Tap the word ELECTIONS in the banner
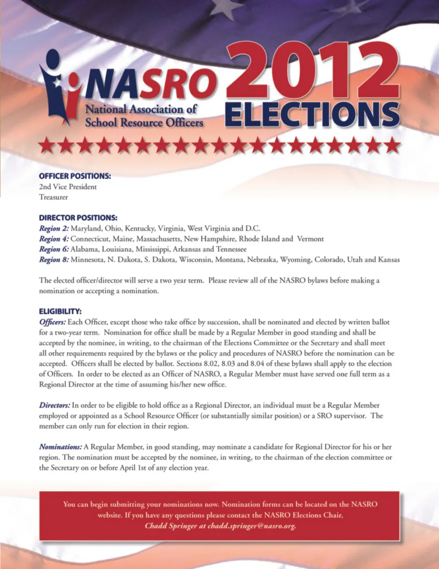pyautogui.click(x=312, y=114)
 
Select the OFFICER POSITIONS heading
pyautogui.click(x=75, y=176)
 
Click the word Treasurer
pyautogui.click(x=54, y=197)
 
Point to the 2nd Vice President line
pyautogui.click(x=68, y=186)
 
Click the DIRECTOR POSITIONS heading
pyautogui.click(x=78, y=218)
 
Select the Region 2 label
pyautogui.click(x=54, y=228)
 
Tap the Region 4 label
pyautogui.click(x=54, y=239)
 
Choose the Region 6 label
pyautogui.click(x=54, y=249)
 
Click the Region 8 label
pyautogui.click(x=54, y=260)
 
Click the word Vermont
pyautogui.click(x=310, y=239)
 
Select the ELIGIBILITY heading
pyautogui.click(x=60, y=312)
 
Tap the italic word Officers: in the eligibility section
pyautogui.click(x=52, y=322)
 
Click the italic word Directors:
pyautogui.click(x=54, y=405)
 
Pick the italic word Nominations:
pyautogui.click(x=60, y=447)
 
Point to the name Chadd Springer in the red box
pyautogui.click(x=171, y=525)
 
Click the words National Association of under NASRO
pyautogui.click(x=141, y=109)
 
